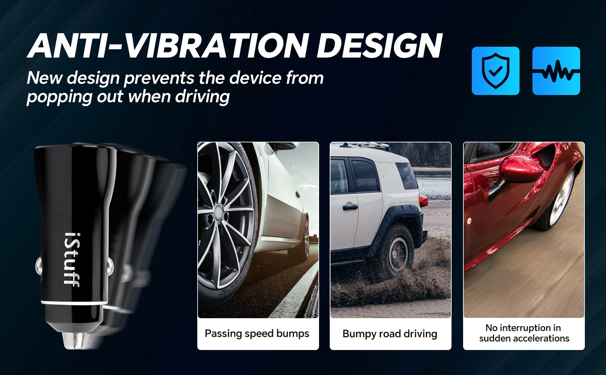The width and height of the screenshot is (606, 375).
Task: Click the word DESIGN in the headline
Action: (x=380, y=46)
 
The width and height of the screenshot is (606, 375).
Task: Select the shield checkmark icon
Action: (x=496, y=71)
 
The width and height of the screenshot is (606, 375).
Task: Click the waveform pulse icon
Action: (x=556, y=71)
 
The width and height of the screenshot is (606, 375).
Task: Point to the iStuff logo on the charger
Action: (x=72, y=260)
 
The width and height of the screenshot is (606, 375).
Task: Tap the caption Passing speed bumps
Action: (x=257, y=334)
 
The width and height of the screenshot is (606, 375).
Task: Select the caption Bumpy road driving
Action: (x=390, y=334)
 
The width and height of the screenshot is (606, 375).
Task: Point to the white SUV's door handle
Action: (x=350, y=207)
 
